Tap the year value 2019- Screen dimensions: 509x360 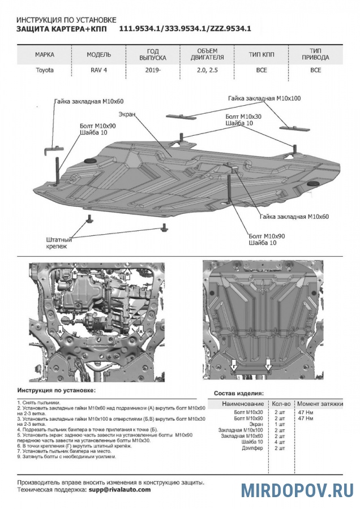point(153,70)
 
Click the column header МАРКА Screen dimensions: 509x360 point(45,55)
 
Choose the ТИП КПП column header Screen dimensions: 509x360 point(262,55)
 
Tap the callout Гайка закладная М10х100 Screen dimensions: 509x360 point(264,98)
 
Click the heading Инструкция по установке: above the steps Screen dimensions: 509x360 point(57,391)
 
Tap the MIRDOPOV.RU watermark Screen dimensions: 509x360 point(298,490)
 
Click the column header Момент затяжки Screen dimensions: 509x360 point(320,404)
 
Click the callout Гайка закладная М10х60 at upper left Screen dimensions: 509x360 point(89,101)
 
